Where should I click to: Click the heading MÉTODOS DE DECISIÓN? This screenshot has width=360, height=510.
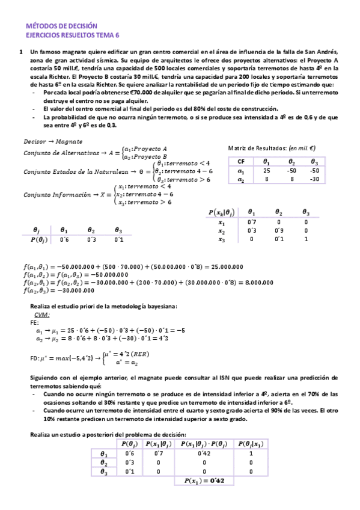[63, 26]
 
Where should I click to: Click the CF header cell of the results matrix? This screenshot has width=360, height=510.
[241, 161]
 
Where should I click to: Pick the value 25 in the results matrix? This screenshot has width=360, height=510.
[266, 170]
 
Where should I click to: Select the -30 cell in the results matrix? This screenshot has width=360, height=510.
[313, 179]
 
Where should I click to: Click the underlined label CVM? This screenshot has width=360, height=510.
[41, 315]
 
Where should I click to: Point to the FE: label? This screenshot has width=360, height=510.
[34, 322]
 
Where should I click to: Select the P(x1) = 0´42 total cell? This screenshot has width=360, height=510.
[197, 481]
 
